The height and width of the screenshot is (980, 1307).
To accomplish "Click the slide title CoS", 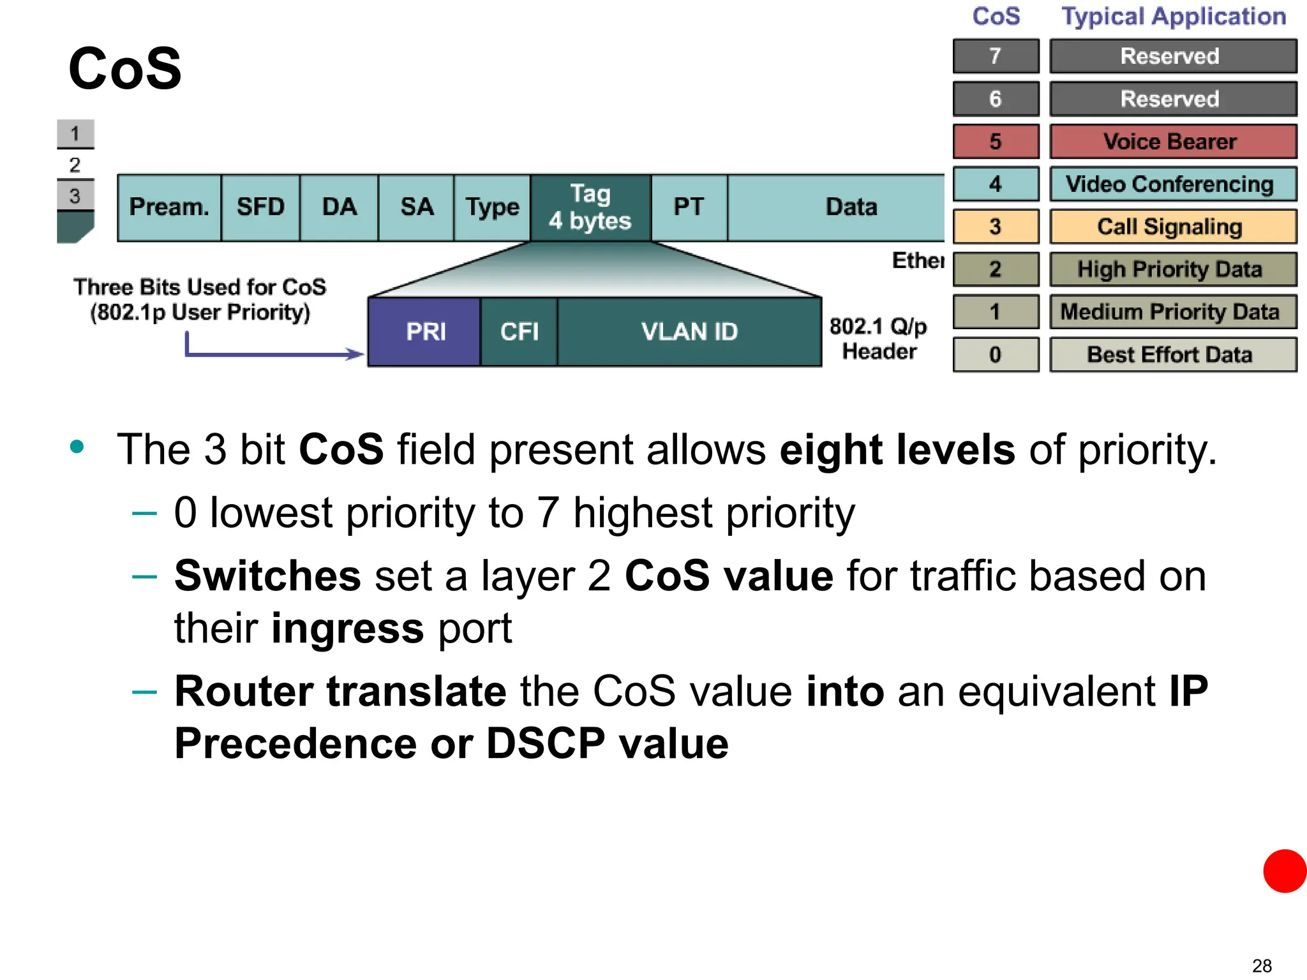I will (x=125, y=69).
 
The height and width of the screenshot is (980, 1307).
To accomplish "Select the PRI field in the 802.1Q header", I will (x=425, y=332).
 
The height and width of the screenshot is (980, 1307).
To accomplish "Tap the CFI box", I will (x=519, y=332).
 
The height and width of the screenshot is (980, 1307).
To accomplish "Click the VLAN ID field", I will (x=689, y=332).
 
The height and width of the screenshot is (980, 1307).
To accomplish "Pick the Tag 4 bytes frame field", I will (x=590, y=207).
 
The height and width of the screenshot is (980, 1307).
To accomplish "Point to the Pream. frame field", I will (x=169, y=207).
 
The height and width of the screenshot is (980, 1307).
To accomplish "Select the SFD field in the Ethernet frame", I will (x=260, y=207).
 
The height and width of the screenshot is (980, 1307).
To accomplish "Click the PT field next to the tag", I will (x=689, y=207).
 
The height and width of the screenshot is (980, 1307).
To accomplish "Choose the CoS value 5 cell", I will (x=996, y=142).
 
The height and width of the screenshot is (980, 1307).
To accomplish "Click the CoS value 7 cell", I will (x=996, y=56).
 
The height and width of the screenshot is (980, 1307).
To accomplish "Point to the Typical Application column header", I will (x=1173, y=17).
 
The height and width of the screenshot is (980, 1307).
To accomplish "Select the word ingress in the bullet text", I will (x=347, y=628).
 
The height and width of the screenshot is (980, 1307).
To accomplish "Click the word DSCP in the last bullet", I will (x=546, y=743).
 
